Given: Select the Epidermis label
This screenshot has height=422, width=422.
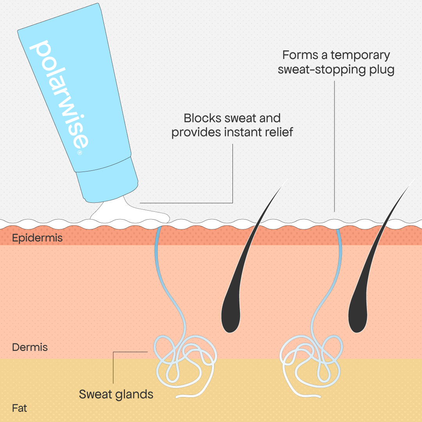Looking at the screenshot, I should (x=37, y=238).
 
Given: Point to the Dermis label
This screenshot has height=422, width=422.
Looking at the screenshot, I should (x=30, y=347).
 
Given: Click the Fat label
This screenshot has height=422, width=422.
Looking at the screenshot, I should (x=20, y=408).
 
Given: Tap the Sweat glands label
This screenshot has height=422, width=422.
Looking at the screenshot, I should (x=116, y=394).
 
